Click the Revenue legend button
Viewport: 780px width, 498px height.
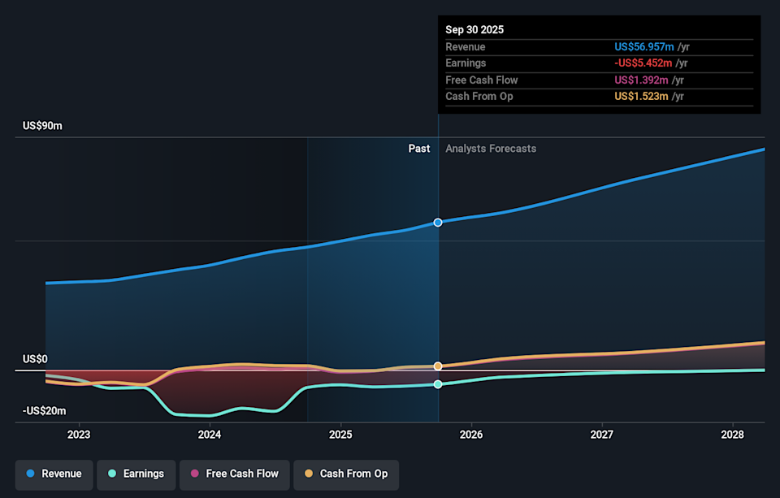tap(54, 474)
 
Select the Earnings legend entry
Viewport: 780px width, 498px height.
tap(135, 474)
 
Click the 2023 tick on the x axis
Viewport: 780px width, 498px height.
tap(79, 435)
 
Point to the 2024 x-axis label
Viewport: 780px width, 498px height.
tap(210, 435)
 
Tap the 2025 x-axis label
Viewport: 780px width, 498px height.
tap(340, 435)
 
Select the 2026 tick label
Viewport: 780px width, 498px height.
tap(471, 435)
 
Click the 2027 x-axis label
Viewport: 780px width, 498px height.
tap(602, 435)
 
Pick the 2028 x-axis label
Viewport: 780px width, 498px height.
tap(733, 435)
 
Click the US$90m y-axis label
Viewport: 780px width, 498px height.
tap(42, 126)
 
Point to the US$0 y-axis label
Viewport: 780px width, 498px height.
tap(35, 359)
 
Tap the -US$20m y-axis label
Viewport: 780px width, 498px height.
tap(44, 411)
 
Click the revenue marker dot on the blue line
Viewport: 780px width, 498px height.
tap(438, 222)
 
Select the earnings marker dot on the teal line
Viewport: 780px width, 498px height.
tap(438, 384)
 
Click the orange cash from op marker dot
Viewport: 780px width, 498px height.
tap(438, 366)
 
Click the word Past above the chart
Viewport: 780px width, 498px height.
tap(418, 149)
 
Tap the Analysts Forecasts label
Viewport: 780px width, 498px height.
tap(491, 149)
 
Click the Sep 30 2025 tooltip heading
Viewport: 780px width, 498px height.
tap(474, 29)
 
